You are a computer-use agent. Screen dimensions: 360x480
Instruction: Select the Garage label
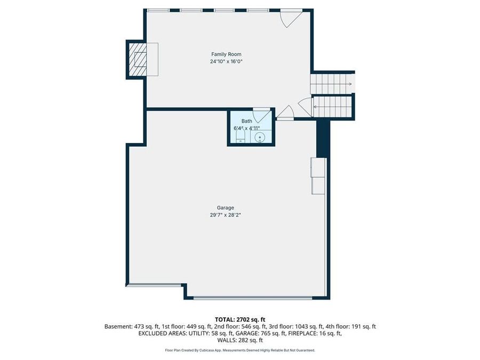click(225, 208)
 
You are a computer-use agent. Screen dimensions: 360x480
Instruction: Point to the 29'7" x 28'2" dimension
click(225, 215)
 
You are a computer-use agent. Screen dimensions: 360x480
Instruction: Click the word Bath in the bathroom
click(246, 121)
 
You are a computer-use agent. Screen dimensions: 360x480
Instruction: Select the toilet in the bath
click(240, 139)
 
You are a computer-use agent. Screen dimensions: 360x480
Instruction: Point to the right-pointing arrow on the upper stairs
click(348, 84)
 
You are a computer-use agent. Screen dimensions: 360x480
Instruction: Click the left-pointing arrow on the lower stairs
click(316, 107)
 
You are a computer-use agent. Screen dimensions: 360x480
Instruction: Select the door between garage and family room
click(285, 113)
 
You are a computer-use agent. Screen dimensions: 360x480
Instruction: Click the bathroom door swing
click(261, 116)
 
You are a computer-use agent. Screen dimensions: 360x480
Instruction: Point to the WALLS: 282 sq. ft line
click(239, 340)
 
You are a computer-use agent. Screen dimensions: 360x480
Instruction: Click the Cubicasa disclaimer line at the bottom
click(239, 350)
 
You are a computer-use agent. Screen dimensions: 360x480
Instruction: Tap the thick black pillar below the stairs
click(321, 139)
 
